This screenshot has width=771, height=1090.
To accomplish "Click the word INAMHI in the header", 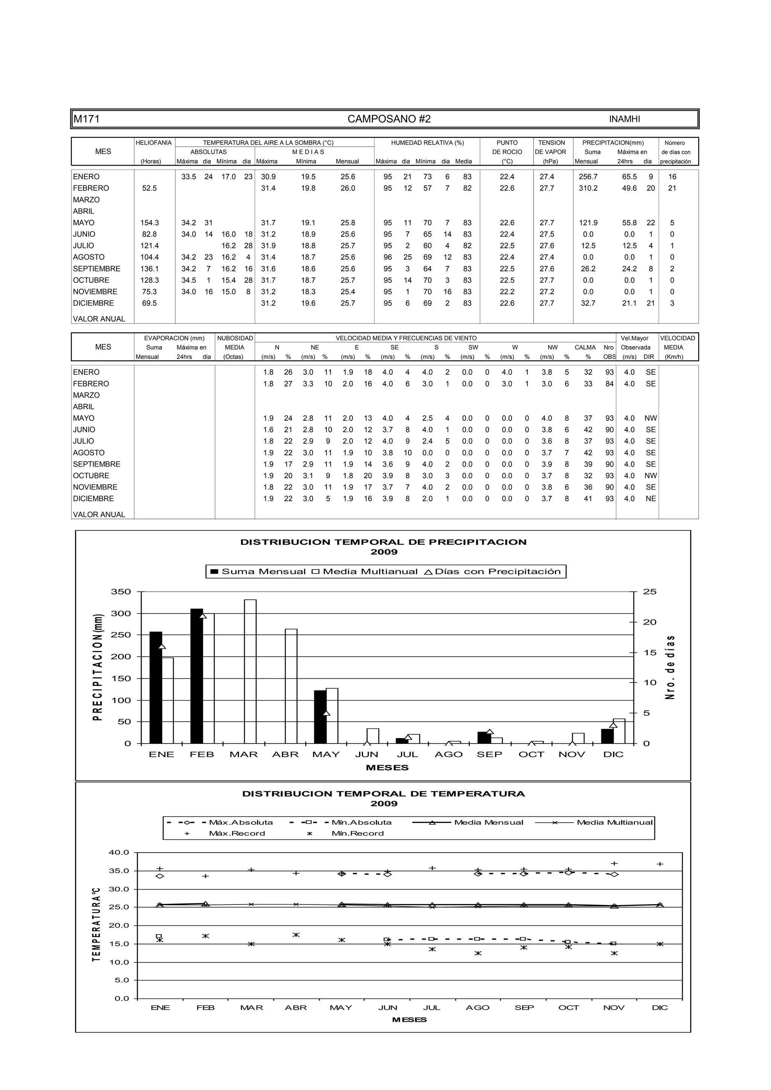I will click(624, 119).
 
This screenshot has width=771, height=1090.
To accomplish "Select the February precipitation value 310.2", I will click(588, 188).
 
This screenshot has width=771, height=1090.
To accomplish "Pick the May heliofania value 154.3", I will click(149, 223).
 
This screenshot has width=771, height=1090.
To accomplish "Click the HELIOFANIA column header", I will click(154, 143).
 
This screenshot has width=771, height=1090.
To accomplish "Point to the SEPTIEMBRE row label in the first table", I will click(96, 269).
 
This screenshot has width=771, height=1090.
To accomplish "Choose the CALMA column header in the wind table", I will click(585, 348).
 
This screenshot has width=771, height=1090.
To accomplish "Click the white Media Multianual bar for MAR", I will click(250, 671).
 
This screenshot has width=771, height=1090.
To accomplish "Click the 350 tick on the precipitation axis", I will click(121, 591).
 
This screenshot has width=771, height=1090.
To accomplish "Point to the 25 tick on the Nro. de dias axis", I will click(649, 591).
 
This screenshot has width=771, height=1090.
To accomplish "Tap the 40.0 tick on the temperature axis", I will click(119, 852).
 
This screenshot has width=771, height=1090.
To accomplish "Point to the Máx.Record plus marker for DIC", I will click(660, 864).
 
